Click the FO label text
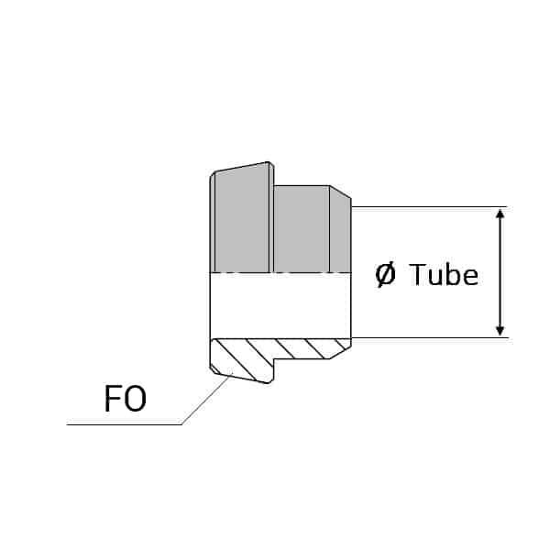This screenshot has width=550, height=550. coord(126,399)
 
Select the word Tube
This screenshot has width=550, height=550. coord(444,274)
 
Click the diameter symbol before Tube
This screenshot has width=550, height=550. coord(385,275)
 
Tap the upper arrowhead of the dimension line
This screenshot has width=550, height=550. coord(500,214)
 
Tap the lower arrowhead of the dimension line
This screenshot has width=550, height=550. coord(500,331)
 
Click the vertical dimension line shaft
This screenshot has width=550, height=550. coord(500,272)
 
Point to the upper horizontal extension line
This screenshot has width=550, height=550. coord(429,207)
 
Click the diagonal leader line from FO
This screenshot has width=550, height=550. coord(206,400)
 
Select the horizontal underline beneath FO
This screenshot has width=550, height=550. coord(124,424)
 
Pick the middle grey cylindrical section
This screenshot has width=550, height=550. coord(302,228)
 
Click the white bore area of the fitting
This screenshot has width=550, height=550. coord(280,305)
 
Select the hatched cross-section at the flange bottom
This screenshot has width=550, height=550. coord(242,360)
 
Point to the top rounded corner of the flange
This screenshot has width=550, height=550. coord(269,164)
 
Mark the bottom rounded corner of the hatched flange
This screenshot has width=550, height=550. coord(269,381)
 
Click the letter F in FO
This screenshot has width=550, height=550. coord(112,399)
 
